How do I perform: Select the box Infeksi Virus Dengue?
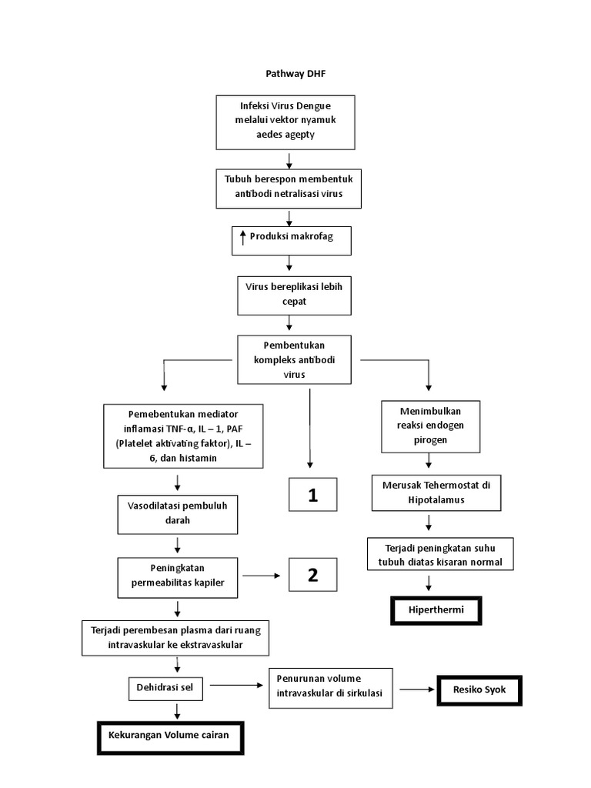point(285,122)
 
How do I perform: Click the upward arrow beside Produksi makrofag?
point(242,238)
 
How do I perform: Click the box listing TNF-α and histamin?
point(182,435)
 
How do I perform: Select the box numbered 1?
point(312,496)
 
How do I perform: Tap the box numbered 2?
point(312,574)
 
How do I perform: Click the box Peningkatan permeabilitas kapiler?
point(177,576)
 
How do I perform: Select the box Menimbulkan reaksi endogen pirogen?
point(431,426)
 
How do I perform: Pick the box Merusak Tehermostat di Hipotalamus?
point(431,492)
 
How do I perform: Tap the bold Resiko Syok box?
point(479,690)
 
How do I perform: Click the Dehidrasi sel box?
point(165,687)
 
